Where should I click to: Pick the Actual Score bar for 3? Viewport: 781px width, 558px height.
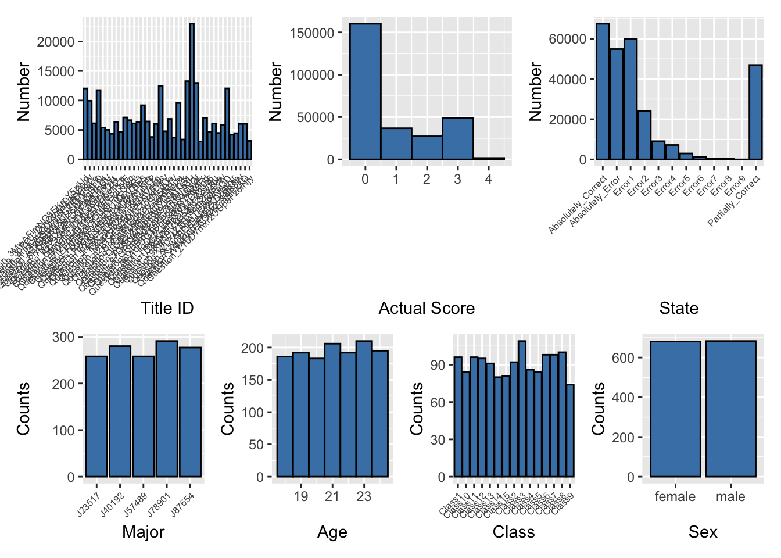pyautogui.click(x=457, y=139)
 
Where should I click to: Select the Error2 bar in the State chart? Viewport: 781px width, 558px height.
pyautogui.click(x=644, y=135)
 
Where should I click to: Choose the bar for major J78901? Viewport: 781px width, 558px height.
pyautogui.click(x=167, y=409)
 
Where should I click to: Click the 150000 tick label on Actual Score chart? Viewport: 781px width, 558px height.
pyautogui.click(x=312, y=33)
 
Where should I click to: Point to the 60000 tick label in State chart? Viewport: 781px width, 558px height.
pyautogui.click(x=568, y=39)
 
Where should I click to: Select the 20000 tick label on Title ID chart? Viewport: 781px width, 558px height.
pyautogui.click(x=56, y=42)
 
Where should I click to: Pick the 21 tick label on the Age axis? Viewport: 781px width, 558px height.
pyautogui.click(x=332, y=496)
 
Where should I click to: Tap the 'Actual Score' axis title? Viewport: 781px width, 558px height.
pyautogui.click(x=427, y=308)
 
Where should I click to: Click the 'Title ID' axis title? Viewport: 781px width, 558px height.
pyautogui.click(x=167, y=308)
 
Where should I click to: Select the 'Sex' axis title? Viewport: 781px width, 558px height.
pyautogui.click(x=703, y=532)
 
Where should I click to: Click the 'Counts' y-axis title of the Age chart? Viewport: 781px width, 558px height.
pyautogui.click(x=227, y=409)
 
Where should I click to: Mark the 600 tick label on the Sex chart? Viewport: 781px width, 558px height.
pyautogui.click(x=623, y=358)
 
